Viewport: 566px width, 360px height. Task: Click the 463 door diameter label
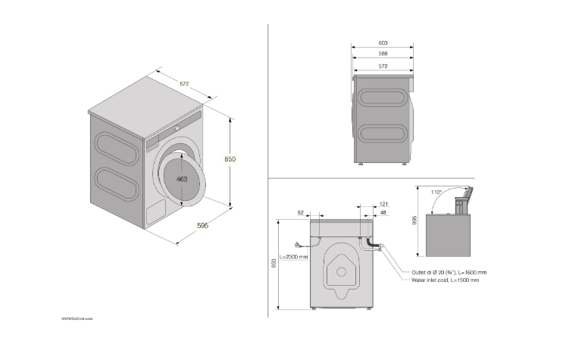click(x=182, y=180)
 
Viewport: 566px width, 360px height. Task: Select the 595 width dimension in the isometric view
click(x=202, y=225)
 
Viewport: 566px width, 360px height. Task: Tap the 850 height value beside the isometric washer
click(x=230, y=159)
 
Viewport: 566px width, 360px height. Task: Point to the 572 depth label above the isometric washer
click(x=185, y=83)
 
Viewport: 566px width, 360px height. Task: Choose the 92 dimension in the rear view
click(x=301, y=214)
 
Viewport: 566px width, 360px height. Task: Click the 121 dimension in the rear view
click(x=383, y=205)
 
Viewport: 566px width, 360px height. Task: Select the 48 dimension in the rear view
click(x=383, y=214)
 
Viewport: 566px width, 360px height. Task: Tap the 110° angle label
click(x=436, y=193)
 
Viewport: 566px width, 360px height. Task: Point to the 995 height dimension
click(x=414, y=220)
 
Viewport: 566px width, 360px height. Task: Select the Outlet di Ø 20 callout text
click(x=449, y=272)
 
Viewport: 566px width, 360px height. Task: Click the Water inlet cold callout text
click(x=445, y=280)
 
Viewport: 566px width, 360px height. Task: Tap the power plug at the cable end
click(x=299, y=244)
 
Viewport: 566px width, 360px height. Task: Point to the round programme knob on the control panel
click(x=177, y=129)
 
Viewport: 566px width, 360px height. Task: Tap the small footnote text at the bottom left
click(x=77, y=319)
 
